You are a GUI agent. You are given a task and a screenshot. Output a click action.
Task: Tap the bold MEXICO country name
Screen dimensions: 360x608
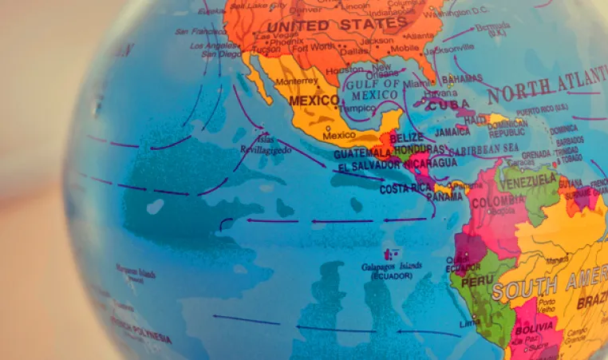coord(314,101)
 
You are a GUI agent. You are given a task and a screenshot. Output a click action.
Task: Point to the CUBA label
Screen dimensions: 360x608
coord(448,105)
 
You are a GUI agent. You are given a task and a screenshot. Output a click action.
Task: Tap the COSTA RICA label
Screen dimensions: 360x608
coord(405,189)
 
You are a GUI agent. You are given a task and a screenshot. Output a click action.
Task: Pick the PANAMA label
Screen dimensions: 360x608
coord(444,196)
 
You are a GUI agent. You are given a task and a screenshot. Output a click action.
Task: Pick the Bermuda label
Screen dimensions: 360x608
coord(492,28)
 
